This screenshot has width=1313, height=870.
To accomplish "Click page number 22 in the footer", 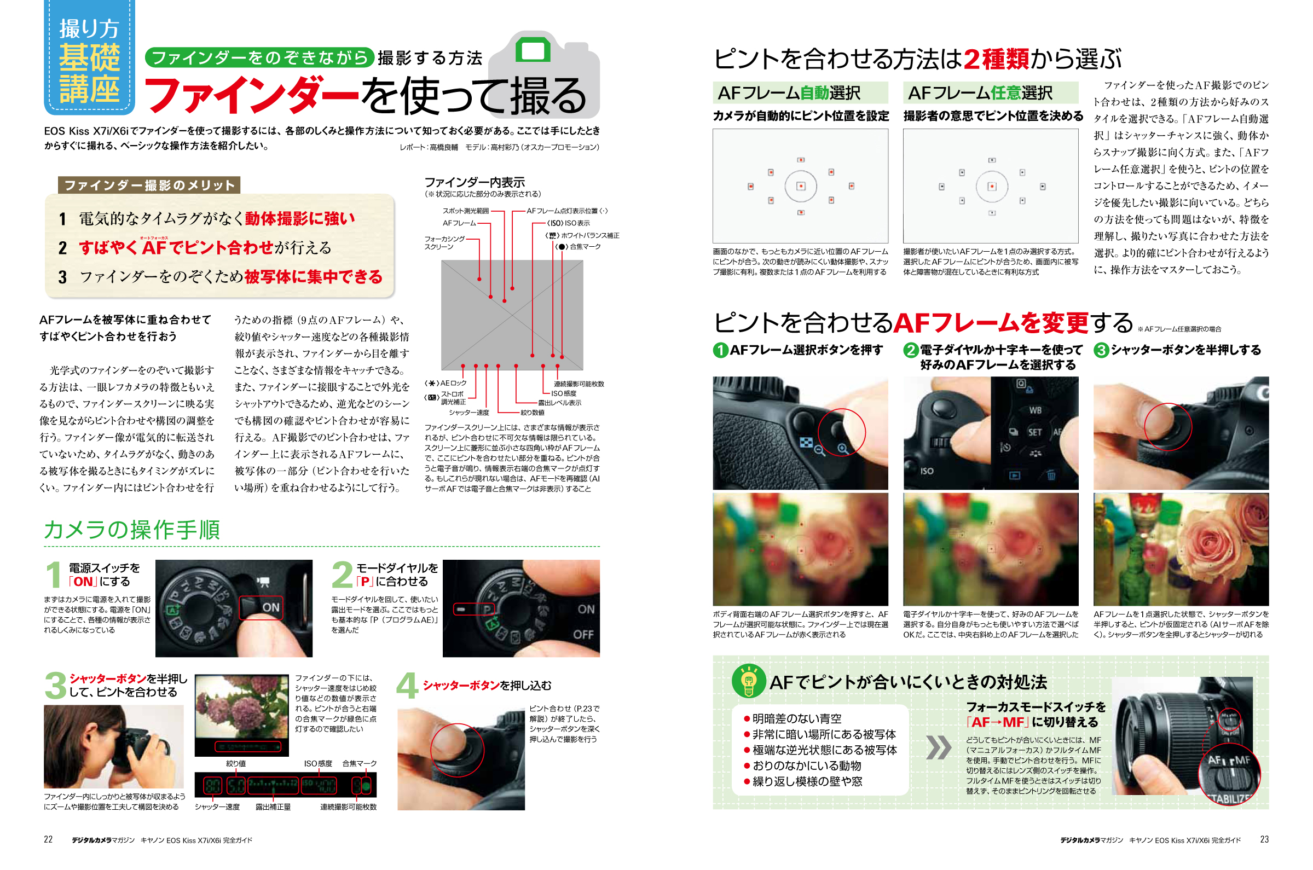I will [48, 838].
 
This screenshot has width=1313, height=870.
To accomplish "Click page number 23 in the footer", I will [1264, 838].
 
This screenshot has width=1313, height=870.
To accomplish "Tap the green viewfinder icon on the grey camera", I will [532, 51].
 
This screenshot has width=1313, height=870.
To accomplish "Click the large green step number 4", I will [407, 686].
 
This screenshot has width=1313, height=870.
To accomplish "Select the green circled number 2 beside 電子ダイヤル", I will [910, 350].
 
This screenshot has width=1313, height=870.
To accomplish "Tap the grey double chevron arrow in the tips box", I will [939, 747].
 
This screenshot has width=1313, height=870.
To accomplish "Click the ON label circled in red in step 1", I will [270, 607].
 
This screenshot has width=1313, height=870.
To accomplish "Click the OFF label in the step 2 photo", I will [583, 634].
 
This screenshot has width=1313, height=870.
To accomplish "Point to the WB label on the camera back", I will [1035, 410].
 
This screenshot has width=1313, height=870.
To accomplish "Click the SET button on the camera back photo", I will [1034, 432].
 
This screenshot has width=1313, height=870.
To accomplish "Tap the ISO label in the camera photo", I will [927, 471].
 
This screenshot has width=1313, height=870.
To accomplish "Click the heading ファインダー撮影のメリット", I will [149, 185].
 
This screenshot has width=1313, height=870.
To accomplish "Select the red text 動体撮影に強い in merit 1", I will [300, 219].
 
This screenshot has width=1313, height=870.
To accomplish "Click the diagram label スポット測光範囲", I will [465, 211].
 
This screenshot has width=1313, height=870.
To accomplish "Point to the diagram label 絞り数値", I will [532, 412].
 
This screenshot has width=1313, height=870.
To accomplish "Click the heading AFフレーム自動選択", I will [789, 92].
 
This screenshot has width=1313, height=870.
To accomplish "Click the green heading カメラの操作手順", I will [131, 529].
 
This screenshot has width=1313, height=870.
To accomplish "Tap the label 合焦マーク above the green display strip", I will [359, 763].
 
